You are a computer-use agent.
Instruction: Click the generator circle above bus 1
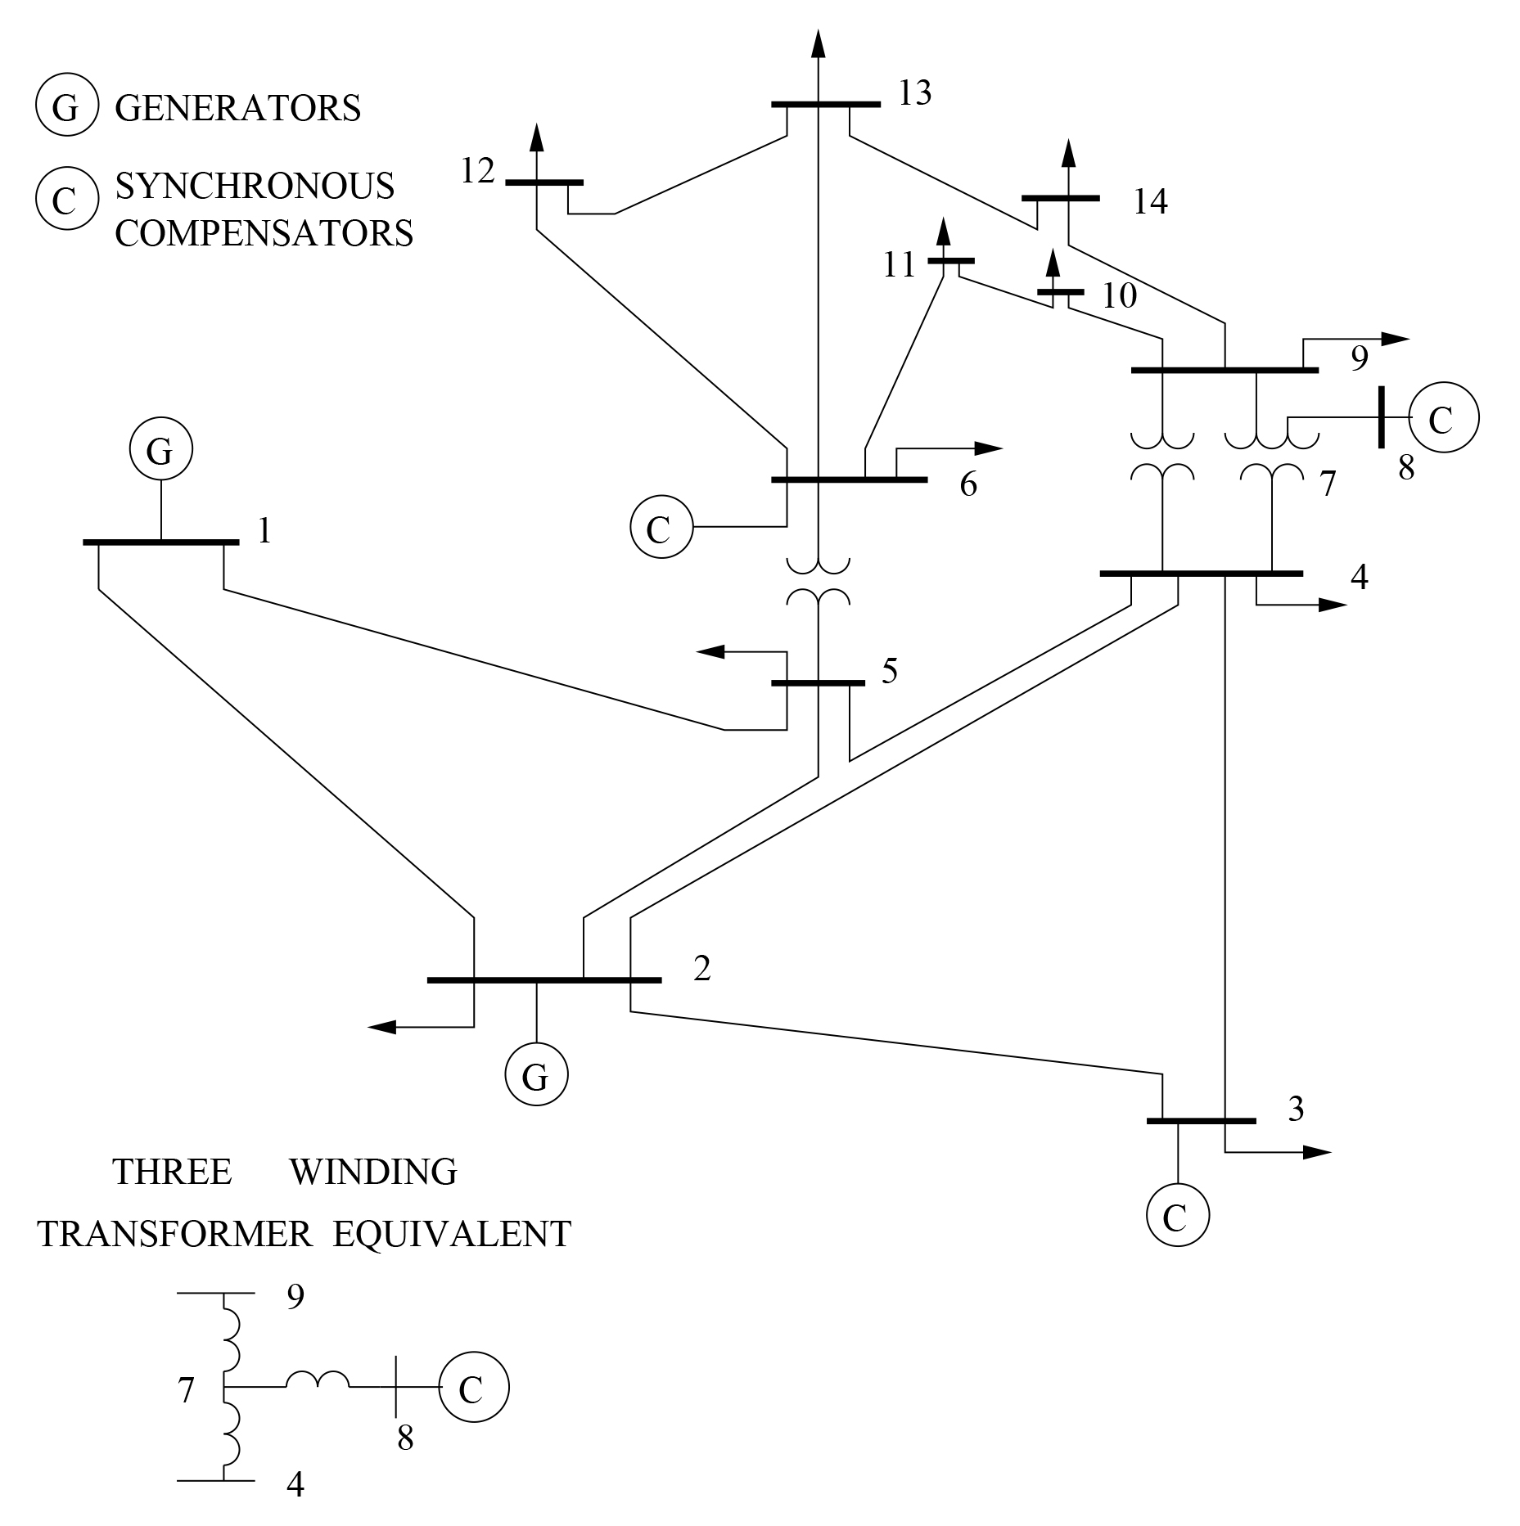coord(160,449)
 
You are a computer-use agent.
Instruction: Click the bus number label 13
coord(914,94)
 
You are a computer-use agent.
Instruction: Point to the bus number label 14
coord(1149,201)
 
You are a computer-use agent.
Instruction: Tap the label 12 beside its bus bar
coord(477,172)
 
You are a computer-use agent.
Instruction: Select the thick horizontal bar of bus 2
coord(544,979)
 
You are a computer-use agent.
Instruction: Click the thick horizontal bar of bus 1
coord(160,542)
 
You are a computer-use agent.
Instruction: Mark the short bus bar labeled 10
coord(1060,292)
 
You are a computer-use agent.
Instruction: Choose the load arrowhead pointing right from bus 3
coord(1316,1152)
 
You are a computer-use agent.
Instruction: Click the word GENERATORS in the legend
coord(237,108)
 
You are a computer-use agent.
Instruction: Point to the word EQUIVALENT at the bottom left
coord(451,1234)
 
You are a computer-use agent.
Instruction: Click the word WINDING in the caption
coord(372,1172)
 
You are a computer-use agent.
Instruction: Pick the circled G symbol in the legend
coord(66,107)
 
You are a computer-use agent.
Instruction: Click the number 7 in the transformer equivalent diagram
coord(186,1390)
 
